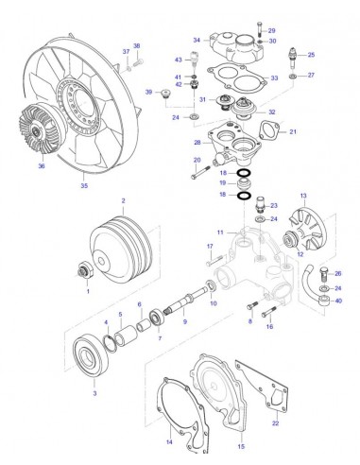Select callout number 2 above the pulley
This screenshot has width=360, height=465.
123,201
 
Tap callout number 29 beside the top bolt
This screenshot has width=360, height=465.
272,30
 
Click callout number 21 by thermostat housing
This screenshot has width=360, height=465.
293,131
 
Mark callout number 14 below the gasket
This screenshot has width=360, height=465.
170,442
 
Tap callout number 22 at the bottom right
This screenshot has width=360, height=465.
274,424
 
